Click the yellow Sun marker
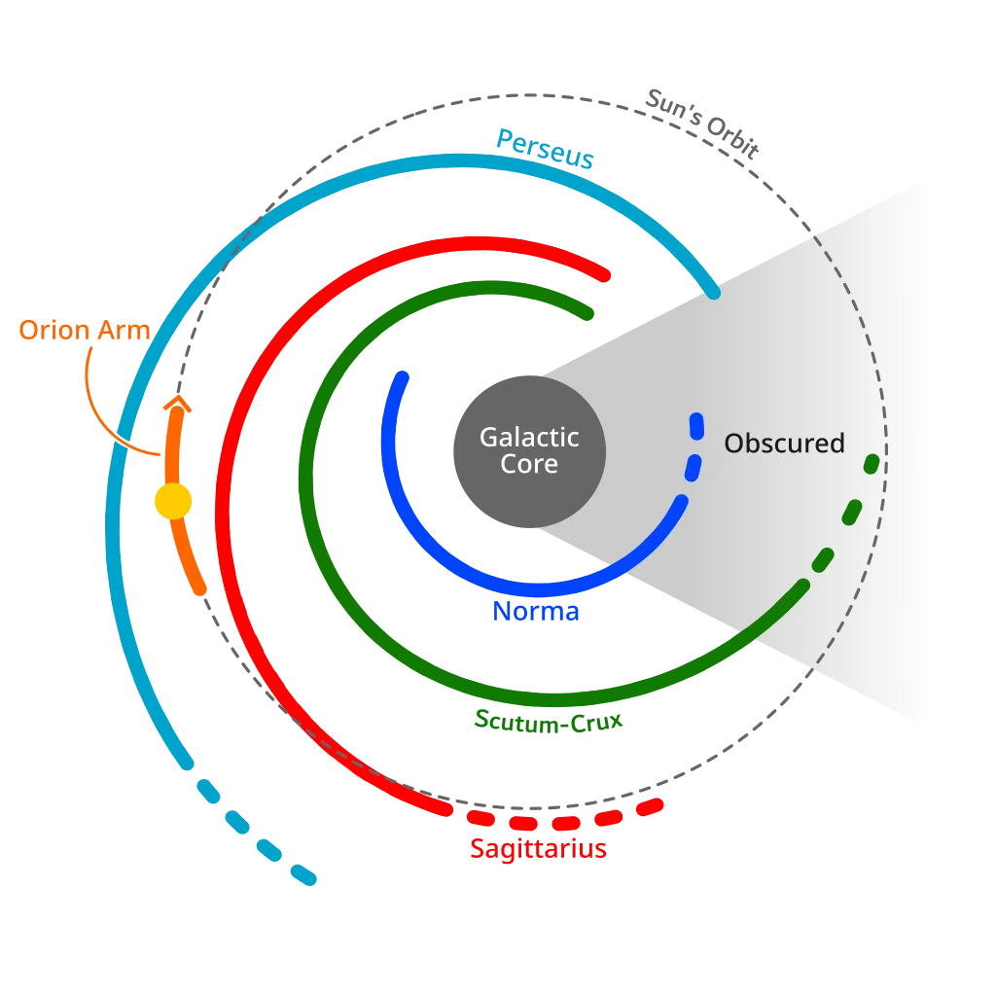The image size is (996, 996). click(x=173, y=501)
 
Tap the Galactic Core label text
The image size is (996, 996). click(x=529, y=450)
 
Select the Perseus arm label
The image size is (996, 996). click(x=545, y=149)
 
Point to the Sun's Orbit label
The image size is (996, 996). click(x=702, y=124)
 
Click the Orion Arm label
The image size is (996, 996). click(x=85, y=331)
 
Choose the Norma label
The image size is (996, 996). click(x=536, y=611)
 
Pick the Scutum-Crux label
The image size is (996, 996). click(x=549, y=722)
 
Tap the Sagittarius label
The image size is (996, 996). click(x=538, y=849)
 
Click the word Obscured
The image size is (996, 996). click(x=785, y=444)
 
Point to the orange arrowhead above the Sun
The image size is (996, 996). click(x=177, y=404)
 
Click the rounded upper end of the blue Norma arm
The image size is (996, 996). click(x=402, y=377)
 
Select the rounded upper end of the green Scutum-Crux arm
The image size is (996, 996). click(x=587, y=314)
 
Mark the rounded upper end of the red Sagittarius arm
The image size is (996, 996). click(x=604, y=275)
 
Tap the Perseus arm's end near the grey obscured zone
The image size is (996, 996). click(x=714, y=293)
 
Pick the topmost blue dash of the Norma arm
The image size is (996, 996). click(x=696, y=426)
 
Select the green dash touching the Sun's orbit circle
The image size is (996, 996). click(x=871, y=464)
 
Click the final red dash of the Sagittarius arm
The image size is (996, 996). click(x=650, y=807)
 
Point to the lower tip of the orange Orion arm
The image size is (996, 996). click(x=200, y=589)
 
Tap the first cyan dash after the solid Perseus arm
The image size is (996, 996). click(x=208, y=790)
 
